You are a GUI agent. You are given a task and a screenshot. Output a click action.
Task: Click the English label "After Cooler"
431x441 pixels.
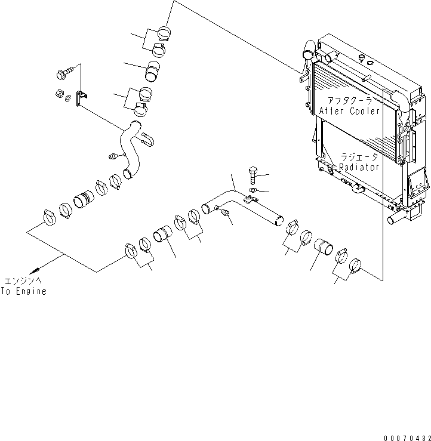350,111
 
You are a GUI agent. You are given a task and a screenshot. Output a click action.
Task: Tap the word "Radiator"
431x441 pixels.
359,168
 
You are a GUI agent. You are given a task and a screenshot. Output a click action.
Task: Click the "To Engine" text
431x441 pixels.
23,291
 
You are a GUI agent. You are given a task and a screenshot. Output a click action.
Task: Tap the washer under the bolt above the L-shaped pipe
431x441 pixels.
252,190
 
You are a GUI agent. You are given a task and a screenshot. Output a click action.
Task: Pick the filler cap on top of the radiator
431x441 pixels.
362,58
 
